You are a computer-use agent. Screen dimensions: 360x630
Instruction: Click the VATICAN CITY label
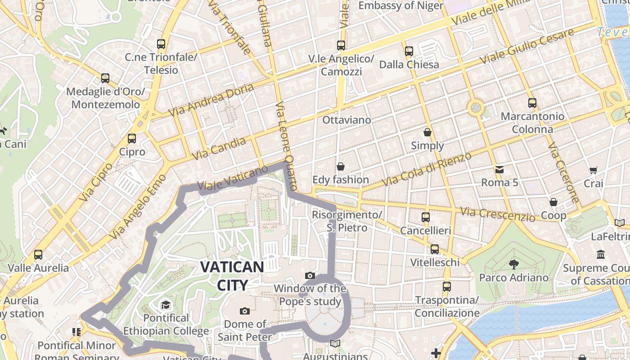(232, 275)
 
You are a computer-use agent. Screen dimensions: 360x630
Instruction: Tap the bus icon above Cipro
(132, 139)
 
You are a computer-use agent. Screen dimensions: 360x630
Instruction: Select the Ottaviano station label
(346, 120)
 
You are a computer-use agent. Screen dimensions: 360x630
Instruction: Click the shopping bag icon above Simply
(427, 132)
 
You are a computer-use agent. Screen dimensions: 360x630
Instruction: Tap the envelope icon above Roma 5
(499, 169)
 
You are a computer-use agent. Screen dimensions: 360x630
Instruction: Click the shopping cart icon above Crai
(593, 170)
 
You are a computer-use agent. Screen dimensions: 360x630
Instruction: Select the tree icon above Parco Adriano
(513, 264)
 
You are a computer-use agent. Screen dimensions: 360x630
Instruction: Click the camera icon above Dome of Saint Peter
(245, 311)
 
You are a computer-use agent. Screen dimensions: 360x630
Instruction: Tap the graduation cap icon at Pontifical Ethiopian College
(166, 305)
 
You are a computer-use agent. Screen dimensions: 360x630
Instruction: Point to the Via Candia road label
(219, 148)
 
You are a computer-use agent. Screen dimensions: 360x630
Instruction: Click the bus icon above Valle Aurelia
(38, 255)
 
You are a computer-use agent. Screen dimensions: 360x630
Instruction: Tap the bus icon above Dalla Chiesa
(409, 51)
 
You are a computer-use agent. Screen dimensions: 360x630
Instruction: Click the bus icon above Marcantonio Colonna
(532, 103)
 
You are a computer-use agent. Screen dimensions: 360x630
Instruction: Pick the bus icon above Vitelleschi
(435, 249)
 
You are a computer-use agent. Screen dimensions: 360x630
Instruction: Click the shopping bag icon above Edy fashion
(341, 166)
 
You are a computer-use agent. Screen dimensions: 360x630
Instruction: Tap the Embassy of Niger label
(400, 6)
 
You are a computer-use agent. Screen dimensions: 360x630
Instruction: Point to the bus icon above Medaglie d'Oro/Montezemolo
(105, 78)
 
